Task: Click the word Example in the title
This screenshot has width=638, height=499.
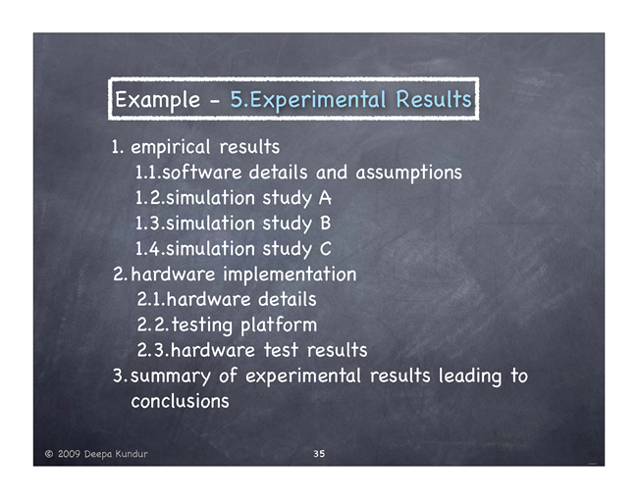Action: click(157, 100)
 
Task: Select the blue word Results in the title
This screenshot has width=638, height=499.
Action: click(434, 99)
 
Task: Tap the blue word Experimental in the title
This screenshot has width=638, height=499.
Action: click(317, 100)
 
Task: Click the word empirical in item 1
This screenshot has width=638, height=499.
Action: click(171, 147)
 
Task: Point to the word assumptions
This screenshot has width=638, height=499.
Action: click(409, 174)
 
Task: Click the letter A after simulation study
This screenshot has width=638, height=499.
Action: click(325, 198)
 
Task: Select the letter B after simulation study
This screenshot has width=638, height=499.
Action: click(326, 224)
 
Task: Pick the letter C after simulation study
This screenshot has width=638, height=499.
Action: click(326, 249)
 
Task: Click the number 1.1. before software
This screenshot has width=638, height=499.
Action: click(148, 173)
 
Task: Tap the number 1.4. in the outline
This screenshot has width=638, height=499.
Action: click(150, 249)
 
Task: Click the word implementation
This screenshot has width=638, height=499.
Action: click(290, 274)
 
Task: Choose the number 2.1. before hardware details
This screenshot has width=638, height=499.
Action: click(151, 299)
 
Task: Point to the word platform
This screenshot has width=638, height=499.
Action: click(279, 325)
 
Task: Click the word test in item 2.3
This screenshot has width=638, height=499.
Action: click(281, 350)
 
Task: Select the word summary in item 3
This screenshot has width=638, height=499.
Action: click(171, 376)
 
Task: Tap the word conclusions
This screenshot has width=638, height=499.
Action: click(180, 402)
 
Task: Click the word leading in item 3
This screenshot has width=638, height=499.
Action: click(470, 376)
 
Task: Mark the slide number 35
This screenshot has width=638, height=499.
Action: click(319, 454)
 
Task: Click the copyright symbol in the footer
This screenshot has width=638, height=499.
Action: click(49, 454)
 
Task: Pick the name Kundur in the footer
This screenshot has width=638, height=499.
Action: click(132, 454)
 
